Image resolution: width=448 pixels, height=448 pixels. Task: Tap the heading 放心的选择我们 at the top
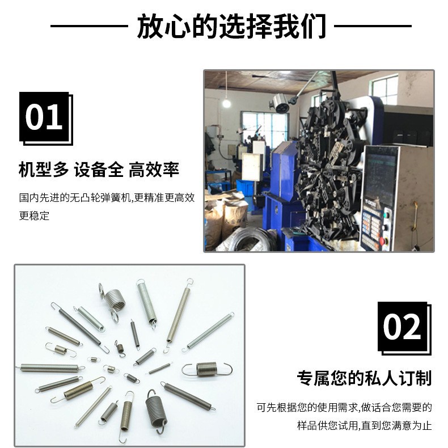pyautogui.click(x=231, y=26)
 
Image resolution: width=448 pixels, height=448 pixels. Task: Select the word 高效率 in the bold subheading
pyautogui.click(x=154, y=169)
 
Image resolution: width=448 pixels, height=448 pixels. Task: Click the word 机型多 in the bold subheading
pyautogui.click(x=44, y=169)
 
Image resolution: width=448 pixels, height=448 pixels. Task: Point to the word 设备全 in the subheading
pyautogui.click(x=98, y=169)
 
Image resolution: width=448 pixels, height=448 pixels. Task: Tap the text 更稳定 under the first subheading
pyautogui.click(x=35, y=215)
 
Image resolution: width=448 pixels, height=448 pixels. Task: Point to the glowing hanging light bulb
pyautogui.click(x=226, y=103)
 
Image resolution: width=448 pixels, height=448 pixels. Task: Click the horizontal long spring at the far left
pyautogui.click(x=49, y=367)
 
